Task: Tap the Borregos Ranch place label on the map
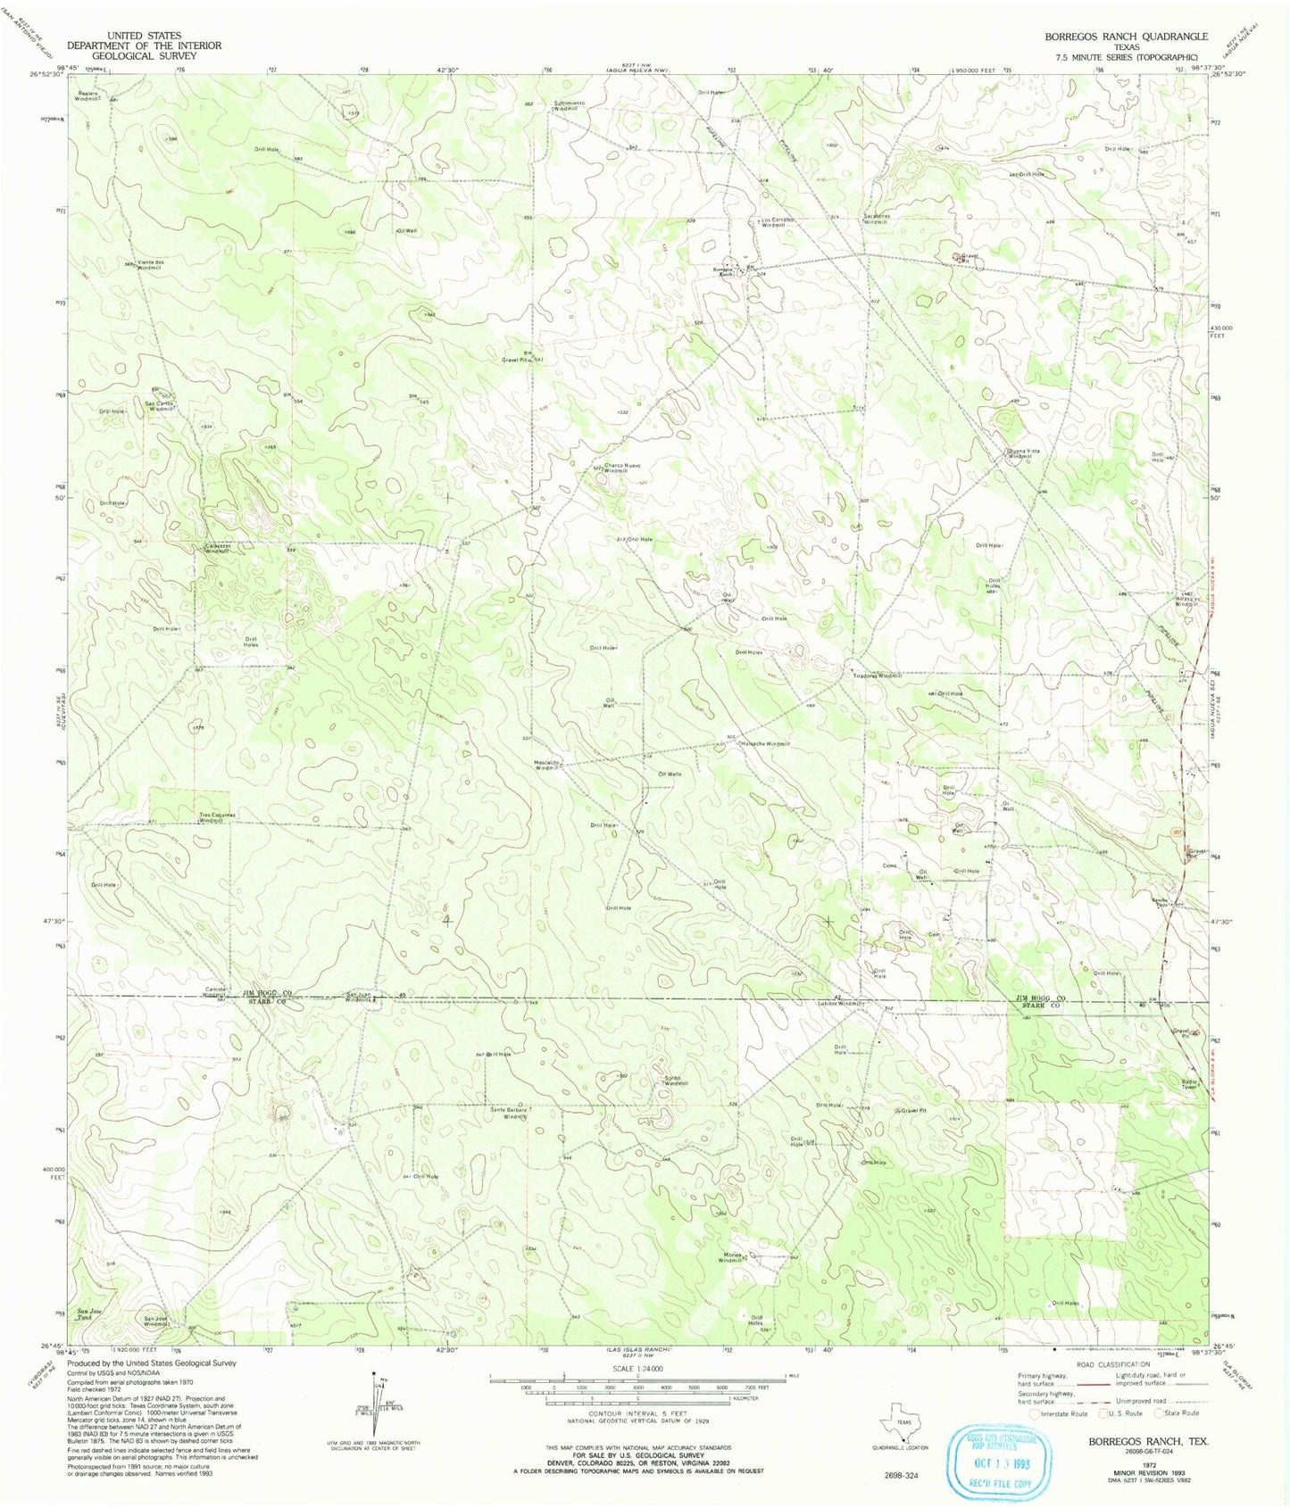click(x=724, y=270)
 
